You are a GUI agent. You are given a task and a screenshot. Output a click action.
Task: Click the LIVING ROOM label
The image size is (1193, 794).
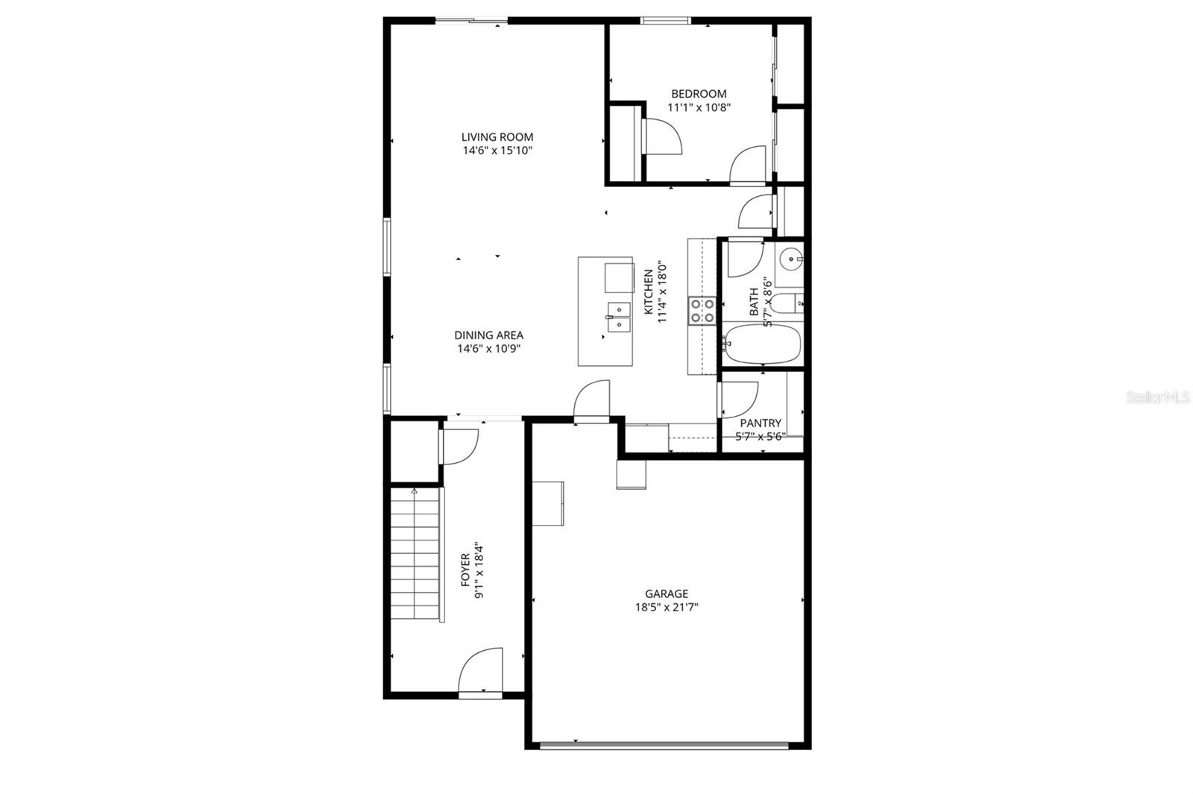497,136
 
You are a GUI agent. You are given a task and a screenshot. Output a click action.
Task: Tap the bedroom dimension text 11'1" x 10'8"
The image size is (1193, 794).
699,107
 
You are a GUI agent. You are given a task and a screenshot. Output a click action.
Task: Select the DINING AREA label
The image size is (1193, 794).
489,335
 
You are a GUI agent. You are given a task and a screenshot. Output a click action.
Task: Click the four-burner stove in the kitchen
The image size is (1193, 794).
702,310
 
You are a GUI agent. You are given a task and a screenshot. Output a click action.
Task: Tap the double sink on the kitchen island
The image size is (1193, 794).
619,317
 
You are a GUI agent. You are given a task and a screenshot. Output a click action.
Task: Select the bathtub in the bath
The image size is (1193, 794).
762,344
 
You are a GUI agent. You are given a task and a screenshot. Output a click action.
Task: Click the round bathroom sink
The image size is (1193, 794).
790,260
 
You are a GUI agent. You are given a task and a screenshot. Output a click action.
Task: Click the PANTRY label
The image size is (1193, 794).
761,423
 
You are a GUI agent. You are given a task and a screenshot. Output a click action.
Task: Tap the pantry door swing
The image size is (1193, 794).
739,399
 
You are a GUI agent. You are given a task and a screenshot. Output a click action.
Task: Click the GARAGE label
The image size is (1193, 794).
667,593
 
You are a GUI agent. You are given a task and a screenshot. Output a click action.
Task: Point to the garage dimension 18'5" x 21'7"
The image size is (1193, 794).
667,608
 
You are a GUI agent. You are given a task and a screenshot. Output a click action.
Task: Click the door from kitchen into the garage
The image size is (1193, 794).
592,403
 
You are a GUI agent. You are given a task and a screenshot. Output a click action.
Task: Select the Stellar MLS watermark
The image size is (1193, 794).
1158,398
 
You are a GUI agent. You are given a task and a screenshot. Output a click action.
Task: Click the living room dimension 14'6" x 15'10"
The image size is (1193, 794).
497,151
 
